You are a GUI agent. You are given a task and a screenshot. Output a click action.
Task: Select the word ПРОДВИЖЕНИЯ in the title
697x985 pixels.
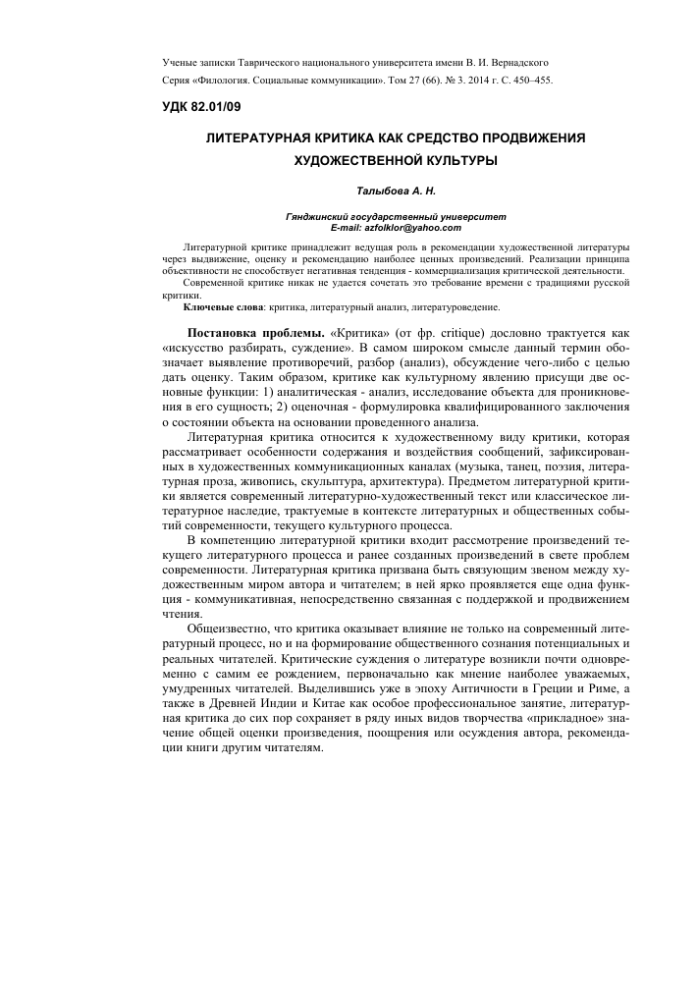click(x=524, y=138)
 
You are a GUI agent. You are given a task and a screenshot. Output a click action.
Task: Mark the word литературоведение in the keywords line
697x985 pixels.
click(x=460, y=307)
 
